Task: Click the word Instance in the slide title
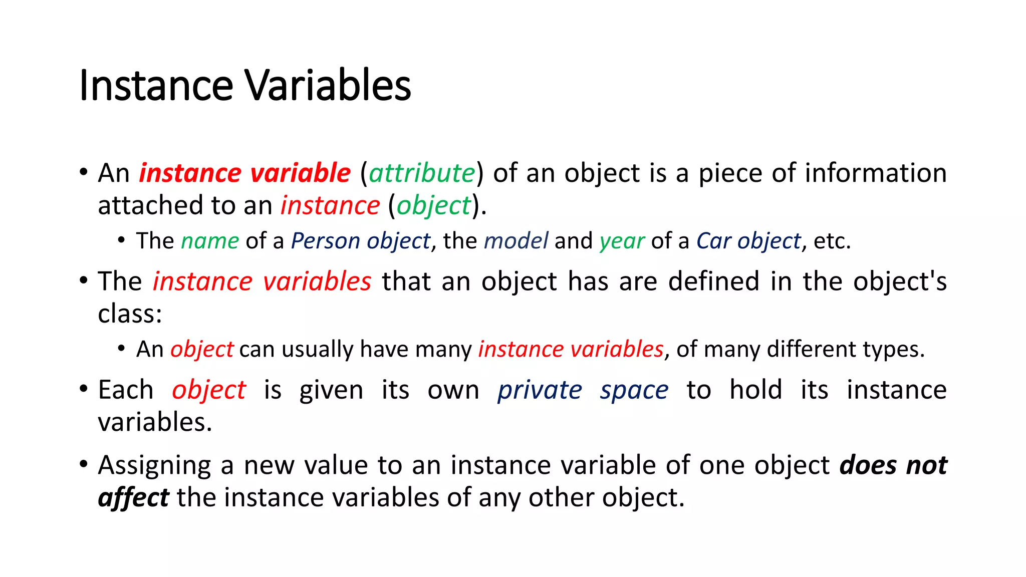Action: [156, 85]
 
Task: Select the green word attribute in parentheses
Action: [422, 173]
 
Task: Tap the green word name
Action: [210, 241]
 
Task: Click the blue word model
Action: [516, 241]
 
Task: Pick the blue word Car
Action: [713, 241]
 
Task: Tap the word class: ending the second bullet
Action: [130, 314]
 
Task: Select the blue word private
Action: [540, 390]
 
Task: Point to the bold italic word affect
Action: [133, 498]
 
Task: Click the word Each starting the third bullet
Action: [126, 390]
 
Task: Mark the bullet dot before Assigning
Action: [84, 463]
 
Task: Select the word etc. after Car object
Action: [832, 241]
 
